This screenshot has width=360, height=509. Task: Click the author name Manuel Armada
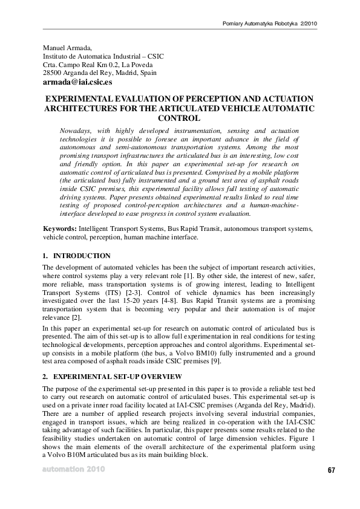click(67, 48)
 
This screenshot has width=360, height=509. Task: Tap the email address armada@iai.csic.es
click(77, 82)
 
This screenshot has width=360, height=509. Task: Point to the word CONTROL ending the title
click(178, 118)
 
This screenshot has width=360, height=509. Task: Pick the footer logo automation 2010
click(73, 469)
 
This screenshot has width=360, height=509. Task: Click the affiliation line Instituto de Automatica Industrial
click(103, 56)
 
